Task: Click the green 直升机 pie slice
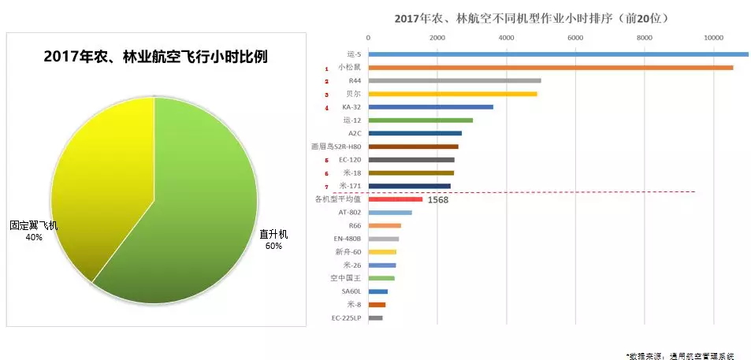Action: [197, 213]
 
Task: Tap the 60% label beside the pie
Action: [273, 246]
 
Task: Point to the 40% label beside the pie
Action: [34, 236]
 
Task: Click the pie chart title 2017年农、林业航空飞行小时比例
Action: [155, 57]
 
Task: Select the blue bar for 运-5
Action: [552, 54]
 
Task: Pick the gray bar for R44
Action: [454, 80]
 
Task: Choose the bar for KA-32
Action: [430, 107]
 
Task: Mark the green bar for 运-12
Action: [420, 121]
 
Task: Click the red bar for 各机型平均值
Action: [395, 199]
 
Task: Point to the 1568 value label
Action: [437, 200]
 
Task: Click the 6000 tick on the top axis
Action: [575, 37]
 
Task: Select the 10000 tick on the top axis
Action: [714, 37]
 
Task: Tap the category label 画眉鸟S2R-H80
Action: [337, 147]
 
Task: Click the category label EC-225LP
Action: [347, 318]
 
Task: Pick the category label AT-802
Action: [349, 213]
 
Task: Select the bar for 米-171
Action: [408, 186]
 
